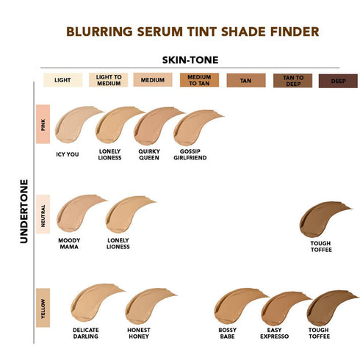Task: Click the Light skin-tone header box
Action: click(x=62, y=79)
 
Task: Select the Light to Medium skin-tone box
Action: click(x=108, y=79)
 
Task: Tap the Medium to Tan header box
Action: click(x=199, y=79)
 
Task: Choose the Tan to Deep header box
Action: click(x=292, y=79)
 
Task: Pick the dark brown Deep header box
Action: click(x=338, y=79)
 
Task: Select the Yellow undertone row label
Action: click(x=43, y=304)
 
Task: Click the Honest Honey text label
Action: click(x=137, y=334)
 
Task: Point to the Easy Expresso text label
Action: click(x=274, y=334)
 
